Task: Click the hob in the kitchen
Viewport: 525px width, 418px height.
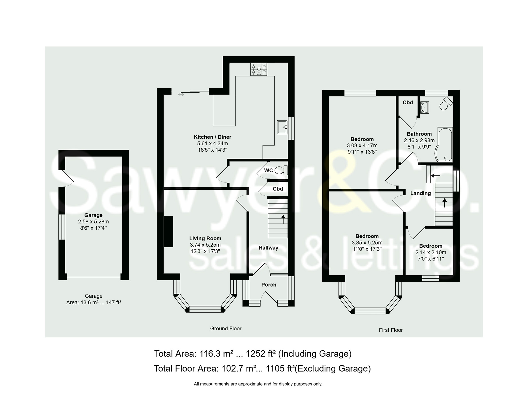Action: (x=258, y=69)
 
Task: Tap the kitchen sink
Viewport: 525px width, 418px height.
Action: (x=282, y=127)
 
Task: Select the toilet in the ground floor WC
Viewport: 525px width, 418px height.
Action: (x=281, y=170)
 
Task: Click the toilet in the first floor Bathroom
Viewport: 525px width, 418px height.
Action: (x=446, y=104)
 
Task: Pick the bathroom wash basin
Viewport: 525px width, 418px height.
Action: (x=424, y=108)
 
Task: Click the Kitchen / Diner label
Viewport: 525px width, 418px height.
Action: (x=213, y=137)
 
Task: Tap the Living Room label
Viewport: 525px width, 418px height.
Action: (x=205, y=238)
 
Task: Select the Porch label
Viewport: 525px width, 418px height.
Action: (x=269, y=285)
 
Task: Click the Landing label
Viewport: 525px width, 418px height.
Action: (x=421, y=193)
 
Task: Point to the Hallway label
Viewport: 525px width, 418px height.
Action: (x=268, y=248)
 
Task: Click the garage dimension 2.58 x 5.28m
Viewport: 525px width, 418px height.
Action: (x=93, y=222)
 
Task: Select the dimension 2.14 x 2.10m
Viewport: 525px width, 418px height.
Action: (x=431, y=252)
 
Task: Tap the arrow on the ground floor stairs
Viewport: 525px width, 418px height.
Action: (x=283, y=219)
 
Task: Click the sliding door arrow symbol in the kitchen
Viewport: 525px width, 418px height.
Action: (x=181, y=94)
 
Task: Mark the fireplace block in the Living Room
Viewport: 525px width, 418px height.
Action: (x=169, y=231)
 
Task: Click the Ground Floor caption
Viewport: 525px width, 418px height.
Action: (x=226, y=329)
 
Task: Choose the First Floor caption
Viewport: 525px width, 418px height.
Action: (x=391, y=330)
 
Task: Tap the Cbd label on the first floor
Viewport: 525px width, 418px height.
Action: (x=408, y=103)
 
